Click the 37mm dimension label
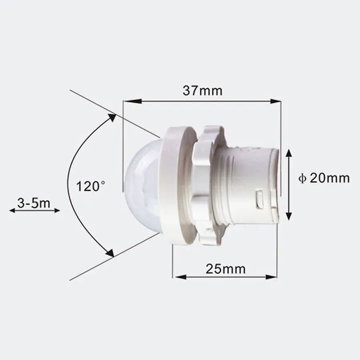click(202, 91)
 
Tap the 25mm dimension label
click(226, 268)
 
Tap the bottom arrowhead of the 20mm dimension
click(288, 216)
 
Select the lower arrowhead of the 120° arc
click(110, 253)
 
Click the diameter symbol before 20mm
click(302, 178)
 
